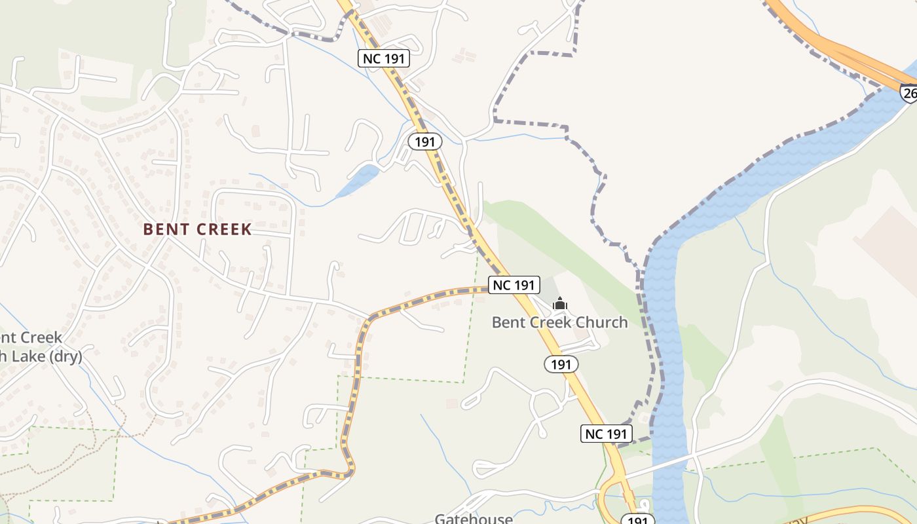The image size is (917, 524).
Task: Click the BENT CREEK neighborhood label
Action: pos(197,229)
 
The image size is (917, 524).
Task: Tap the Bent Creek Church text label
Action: pos(559,322)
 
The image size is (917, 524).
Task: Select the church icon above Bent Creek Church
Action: pos(559,303)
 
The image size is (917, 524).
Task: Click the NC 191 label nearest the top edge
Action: pos(384,58)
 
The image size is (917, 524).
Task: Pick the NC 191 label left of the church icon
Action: pos(514,285)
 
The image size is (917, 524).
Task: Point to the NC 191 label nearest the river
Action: pos(606,433)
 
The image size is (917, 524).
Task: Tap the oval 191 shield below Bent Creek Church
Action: pos(561,364)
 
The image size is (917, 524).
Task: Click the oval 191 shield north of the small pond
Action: pos(425,141)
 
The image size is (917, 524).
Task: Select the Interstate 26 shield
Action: pos(908,93)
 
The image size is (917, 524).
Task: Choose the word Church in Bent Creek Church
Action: pos(603,322)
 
